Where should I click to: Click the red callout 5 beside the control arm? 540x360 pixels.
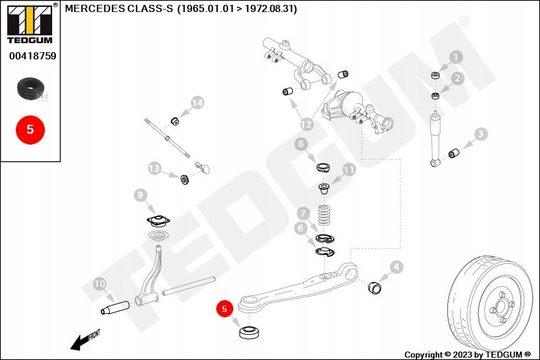click(x=224, y=308)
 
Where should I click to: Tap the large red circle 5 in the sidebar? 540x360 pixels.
click(x=31, y=130)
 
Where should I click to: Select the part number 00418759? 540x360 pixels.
click(x=32, y=56)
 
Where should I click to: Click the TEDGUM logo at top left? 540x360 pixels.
click(x=30, y=23)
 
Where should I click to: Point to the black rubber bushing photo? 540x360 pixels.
click(x=31, y=89)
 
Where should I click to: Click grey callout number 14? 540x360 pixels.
click(x=197, y=103)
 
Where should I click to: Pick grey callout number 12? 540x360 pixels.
click(x=306, y=124)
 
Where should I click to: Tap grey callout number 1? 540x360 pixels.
click(x=456, y=57)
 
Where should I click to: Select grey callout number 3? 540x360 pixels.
click(x=481, y=134)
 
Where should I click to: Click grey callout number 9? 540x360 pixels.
click(x=140, y=195)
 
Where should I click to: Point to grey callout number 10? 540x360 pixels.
click(x=100, y=284)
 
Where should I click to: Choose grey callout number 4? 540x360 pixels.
click(x=397, y=266)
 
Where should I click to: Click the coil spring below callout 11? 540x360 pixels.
click(x=324, y=215)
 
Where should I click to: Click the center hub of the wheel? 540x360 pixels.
click(x=499, y=307)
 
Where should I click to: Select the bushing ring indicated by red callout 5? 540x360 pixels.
click(x=250, y=332)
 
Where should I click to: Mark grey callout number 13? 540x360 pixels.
click(x=154, y=169)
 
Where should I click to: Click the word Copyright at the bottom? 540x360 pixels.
click(x=424, y=355)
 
